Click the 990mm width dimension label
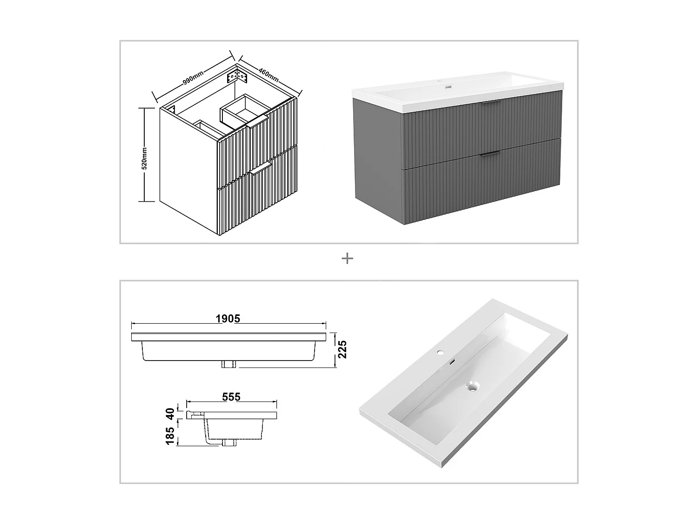[193, 78]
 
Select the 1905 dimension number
[228, 319]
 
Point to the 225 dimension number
[342, 349]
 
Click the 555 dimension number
[231, 396]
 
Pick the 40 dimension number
[170, 413]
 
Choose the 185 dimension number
[170, 436]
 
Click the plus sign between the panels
[347, 259]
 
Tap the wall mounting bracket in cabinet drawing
[236, 76]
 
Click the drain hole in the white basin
[473, 386]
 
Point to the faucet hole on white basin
[440, 353]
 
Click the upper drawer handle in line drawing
[258, 122]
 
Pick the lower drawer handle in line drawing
[260, 168]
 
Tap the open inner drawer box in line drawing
[242, 110]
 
